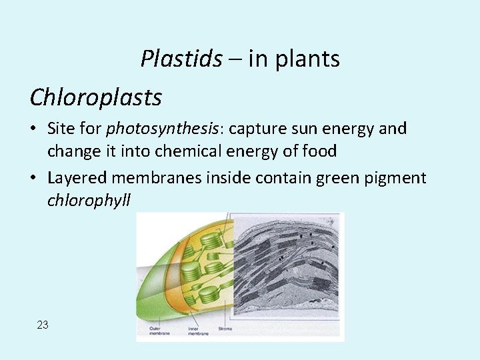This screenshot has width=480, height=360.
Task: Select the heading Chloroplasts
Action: (96, 97)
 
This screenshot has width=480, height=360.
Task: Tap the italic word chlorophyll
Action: (89, 200)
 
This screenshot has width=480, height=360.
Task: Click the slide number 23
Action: (43, 325)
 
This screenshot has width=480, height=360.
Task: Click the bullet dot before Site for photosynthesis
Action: (34, 129)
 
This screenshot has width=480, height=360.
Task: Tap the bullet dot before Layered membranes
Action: (34, 177)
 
